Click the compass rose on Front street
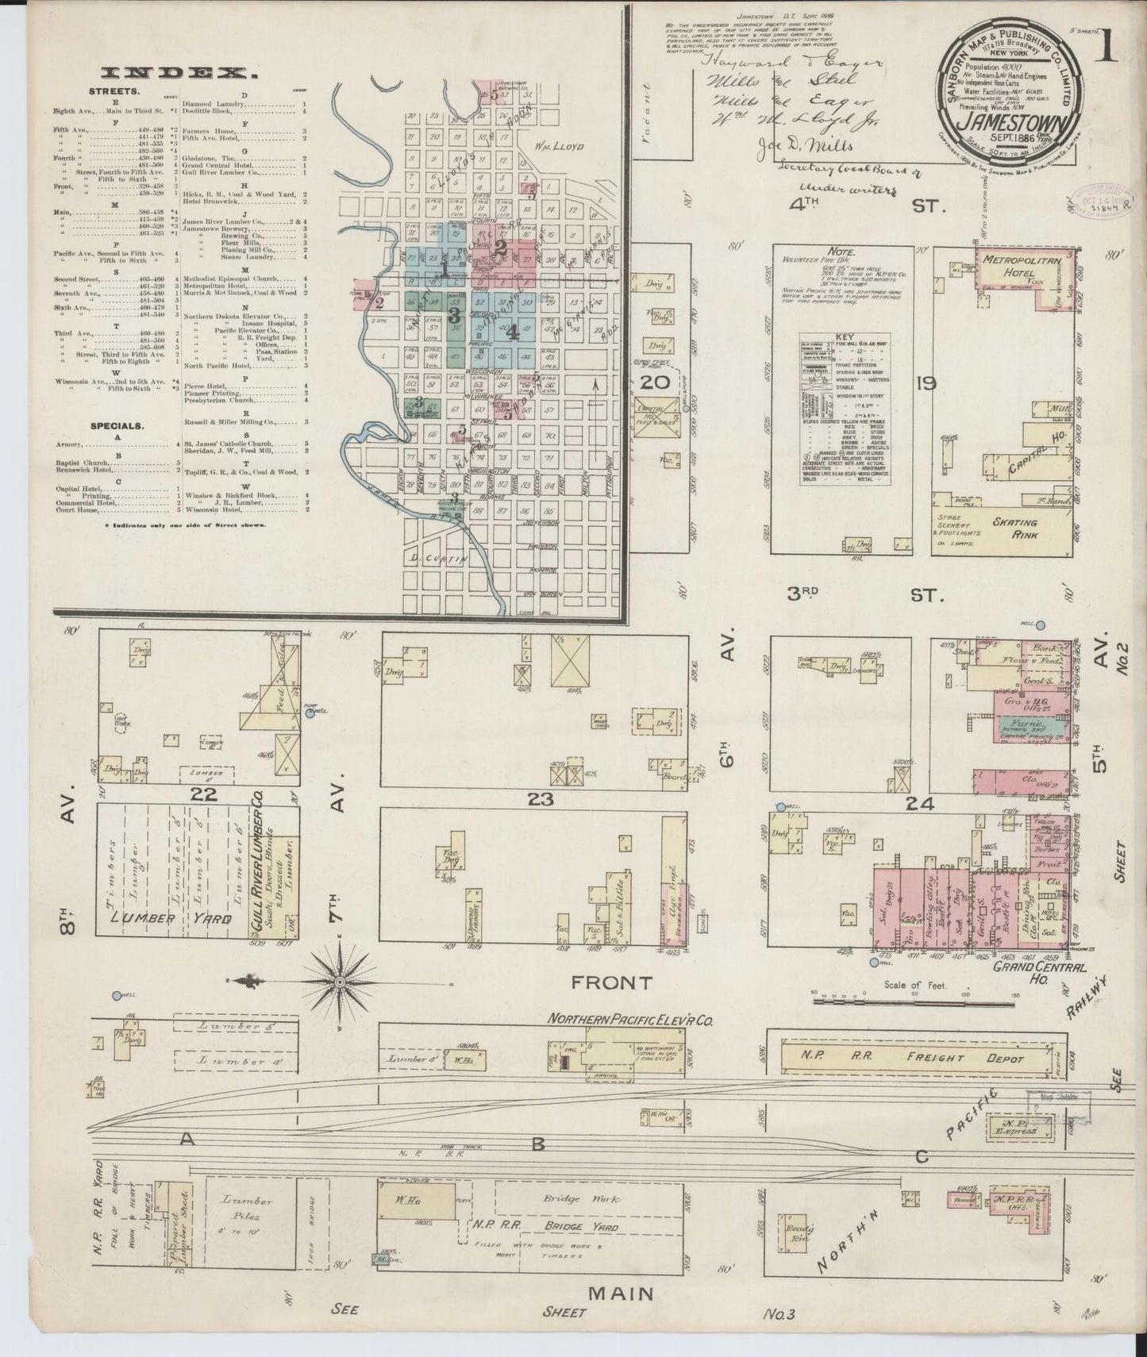coord(341,982)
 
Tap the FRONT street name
coord(614,982)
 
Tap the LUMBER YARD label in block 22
coord(170,918)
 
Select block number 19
coord(926,384)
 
